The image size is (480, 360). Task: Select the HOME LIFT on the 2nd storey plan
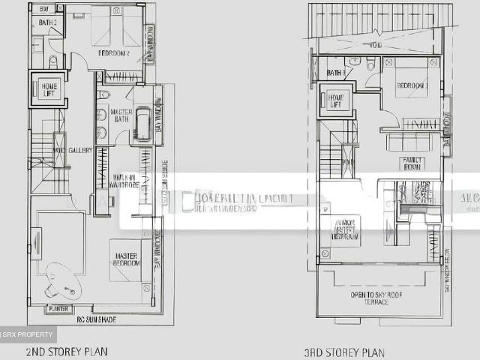click(x=49, y=88)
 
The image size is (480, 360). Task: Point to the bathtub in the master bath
click(x=142, y=124)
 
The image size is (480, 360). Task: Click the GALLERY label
click(x=80, y=150)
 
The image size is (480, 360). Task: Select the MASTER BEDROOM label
click(x=127, y=259)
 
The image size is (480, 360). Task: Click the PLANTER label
click(x=58, y=309)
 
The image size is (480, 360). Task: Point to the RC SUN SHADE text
click(x=96, y=319)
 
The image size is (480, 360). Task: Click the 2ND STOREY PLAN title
click(x=67, y=350)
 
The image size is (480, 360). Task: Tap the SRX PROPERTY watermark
click(x=28, y=334)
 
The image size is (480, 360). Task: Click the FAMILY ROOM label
click(x=412, y=163)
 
